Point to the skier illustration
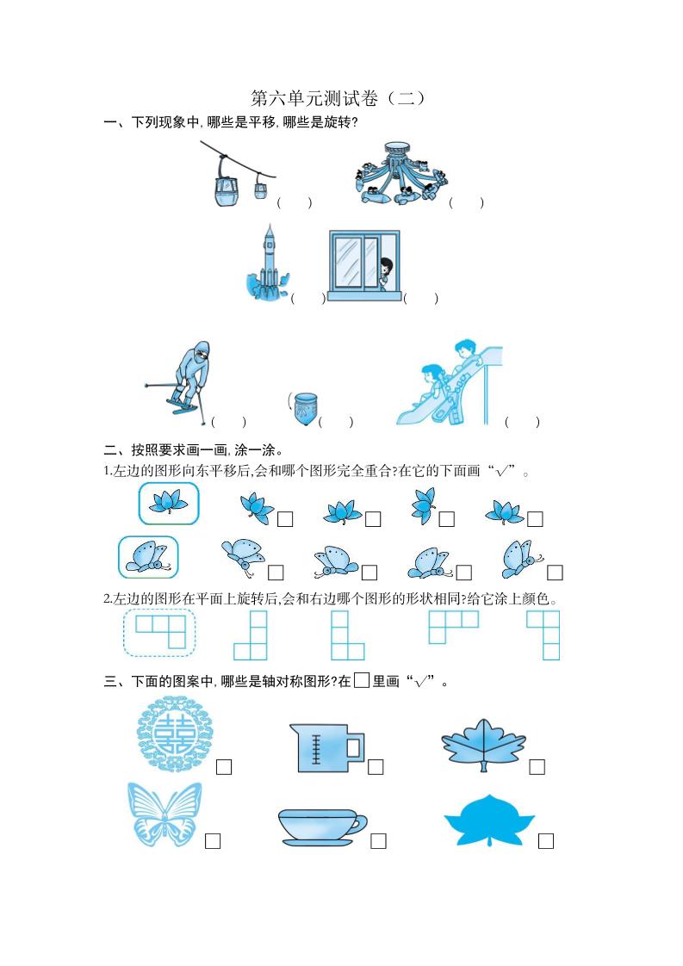pyautogui.click(x=183, y=379)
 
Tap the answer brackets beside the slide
pyautogui.click(x=522, y=422)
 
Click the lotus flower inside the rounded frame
pyautogui.click(x=169, y=503)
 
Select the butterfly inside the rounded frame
pyautogui.click(x=148, y=557)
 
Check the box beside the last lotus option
pyautogui.click(x=535, y=518)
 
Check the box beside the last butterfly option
pyautogui.click(x=555, y=573)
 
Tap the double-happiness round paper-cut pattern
pyautogui.click(x=172, y=734)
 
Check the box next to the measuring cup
pyautogui.click(x=376, y=767)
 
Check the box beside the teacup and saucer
pyautogui.click(x=378, y=841)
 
